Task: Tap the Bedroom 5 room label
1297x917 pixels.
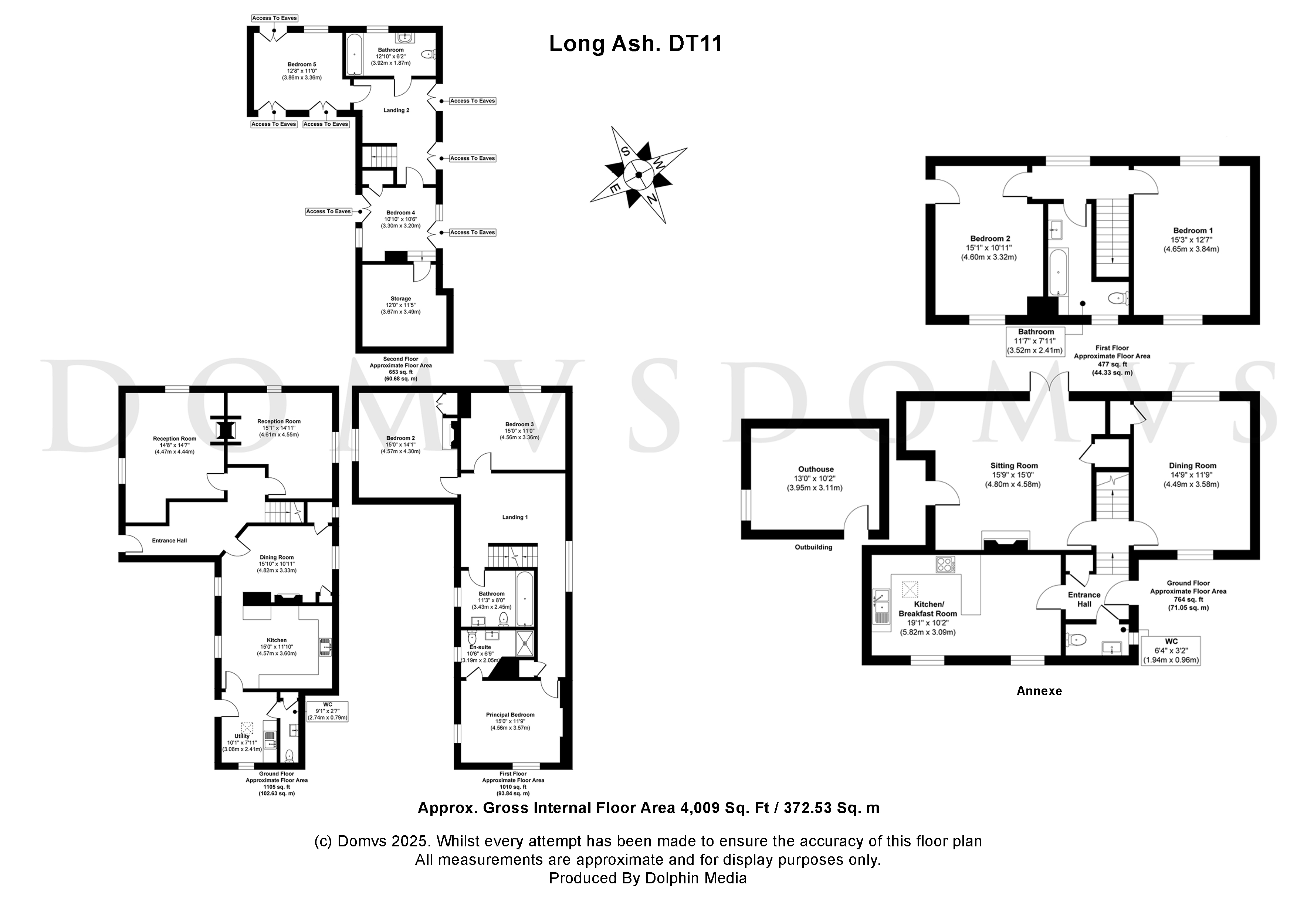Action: point(302,64)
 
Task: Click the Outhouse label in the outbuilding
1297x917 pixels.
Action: point(816,469)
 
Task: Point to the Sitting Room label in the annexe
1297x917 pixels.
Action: point(1014,466)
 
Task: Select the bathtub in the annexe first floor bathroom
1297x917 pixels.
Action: point(1058,273)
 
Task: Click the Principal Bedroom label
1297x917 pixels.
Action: point(510,715)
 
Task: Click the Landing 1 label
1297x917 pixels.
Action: point(515,517)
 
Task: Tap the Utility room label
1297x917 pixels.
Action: point(242,736)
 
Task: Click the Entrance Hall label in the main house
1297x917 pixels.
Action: point(169,541)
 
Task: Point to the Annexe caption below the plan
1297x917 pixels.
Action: point(1039,691)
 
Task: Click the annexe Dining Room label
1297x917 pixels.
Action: point(1192,466)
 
